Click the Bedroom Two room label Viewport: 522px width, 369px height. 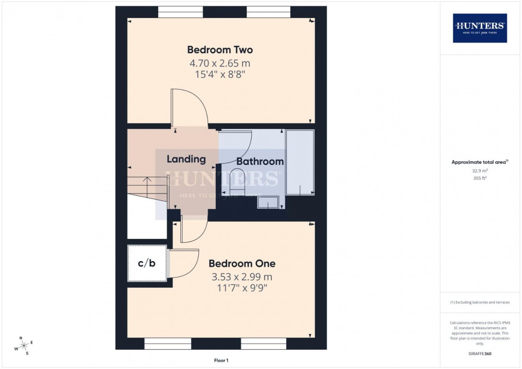tap(220, 50)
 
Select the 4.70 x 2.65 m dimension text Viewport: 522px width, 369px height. tap(220, 63)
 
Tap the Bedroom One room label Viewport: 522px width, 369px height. tap(242, 264)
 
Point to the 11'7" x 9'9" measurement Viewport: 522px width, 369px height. tap(242, 288)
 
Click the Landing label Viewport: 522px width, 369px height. tap(186, 159)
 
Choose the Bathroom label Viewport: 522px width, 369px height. tap(260, 162)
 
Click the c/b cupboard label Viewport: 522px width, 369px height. tap(147, 263)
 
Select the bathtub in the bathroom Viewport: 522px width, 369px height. tap(300, 163)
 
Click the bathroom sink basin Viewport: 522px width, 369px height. tap(268, 202)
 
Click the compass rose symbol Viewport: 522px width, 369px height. tap(24, 345)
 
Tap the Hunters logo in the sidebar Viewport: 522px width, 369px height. tap(480, 28)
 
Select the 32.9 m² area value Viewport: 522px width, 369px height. tap(480, 171)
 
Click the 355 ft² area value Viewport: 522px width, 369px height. tap(480, 178)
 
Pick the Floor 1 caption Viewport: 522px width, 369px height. tap(221, 360)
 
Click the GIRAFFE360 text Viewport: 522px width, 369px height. tap(480, 354)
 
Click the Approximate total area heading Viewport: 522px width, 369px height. tap(480, 162)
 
